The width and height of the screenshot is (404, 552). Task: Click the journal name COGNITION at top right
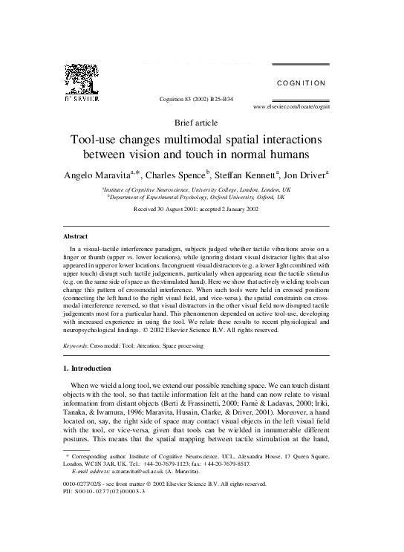coord(301,83)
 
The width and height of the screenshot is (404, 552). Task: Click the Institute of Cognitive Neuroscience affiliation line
coord(197,190)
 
